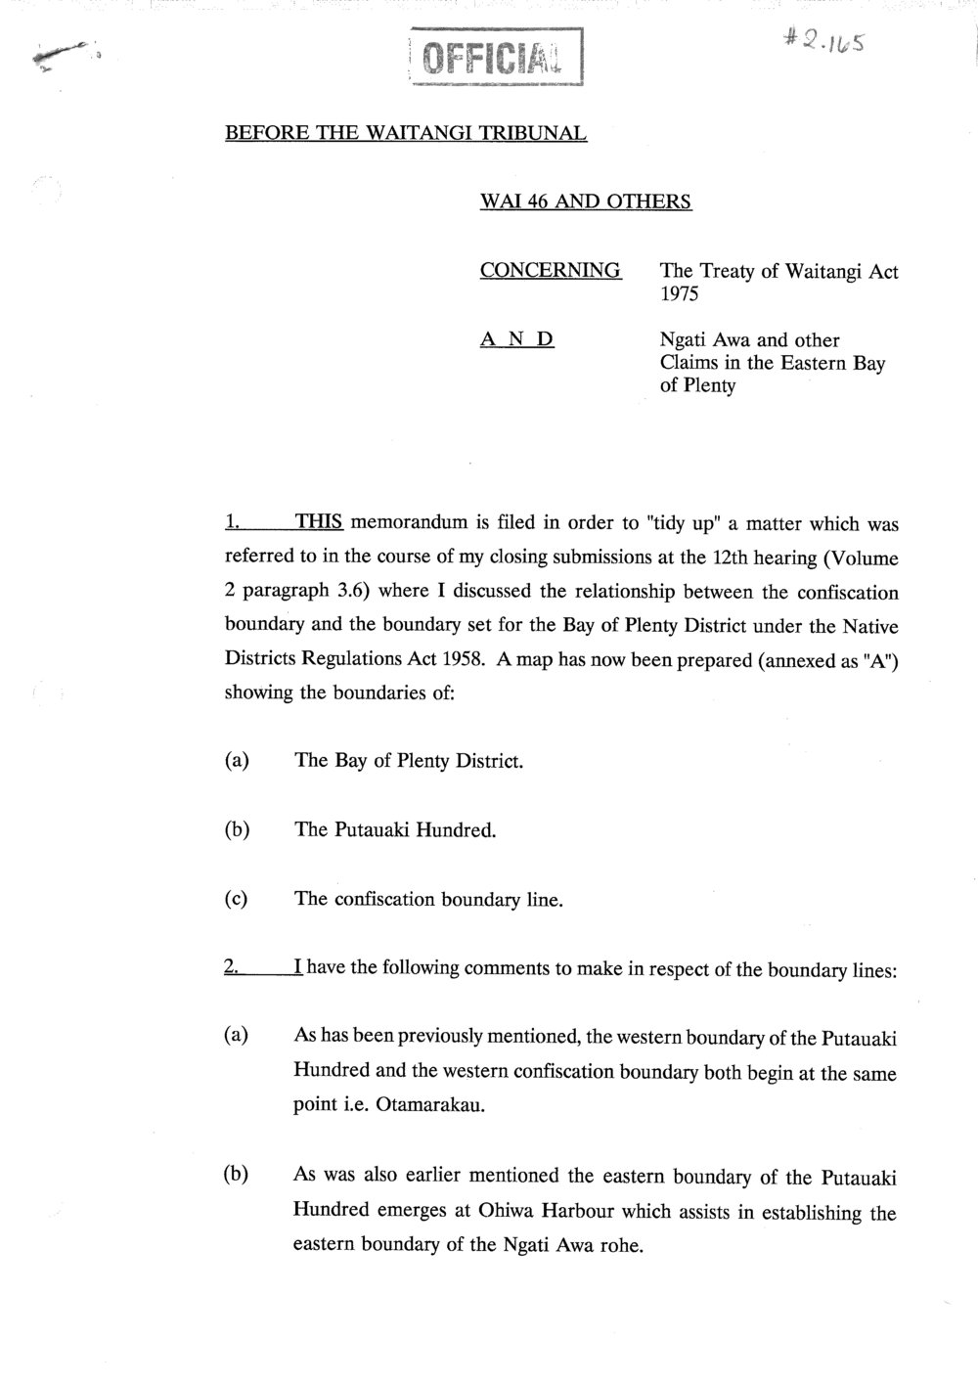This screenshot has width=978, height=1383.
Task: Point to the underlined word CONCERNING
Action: tap(551, 271)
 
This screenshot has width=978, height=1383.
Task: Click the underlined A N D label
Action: tap(517, 340)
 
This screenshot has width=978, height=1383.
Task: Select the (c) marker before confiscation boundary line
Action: tap(236, 899)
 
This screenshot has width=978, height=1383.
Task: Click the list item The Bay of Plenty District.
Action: tap(409, 761)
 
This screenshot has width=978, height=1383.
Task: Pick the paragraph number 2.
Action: tap(231, 968)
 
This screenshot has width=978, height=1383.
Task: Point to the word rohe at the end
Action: tap(618, 1246)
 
